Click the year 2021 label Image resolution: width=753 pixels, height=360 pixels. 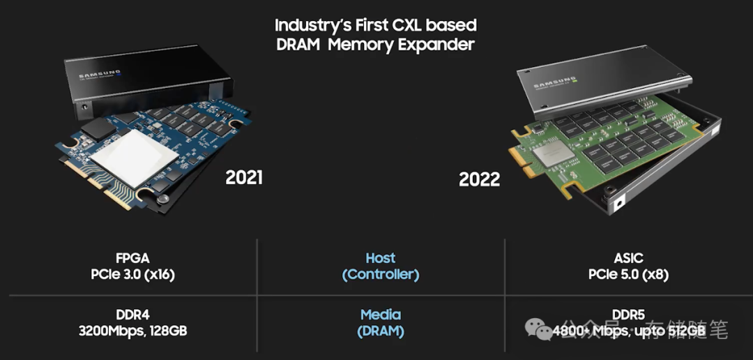244,177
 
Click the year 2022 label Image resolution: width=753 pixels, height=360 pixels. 479,179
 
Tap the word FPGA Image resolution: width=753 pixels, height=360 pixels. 132,258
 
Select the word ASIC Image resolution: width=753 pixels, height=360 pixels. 628,258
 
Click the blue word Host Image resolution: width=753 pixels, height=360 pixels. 380,258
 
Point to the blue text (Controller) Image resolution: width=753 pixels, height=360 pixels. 380,274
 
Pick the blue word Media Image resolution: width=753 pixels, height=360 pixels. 380,315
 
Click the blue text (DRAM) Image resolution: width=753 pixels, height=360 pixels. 380,331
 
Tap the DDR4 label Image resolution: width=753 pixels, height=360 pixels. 132,315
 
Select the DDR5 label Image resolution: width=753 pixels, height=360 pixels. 628,315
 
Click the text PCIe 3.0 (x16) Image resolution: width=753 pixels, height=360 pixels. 132,274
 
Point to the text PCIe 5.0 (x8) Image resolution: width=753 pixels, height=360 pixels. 628,274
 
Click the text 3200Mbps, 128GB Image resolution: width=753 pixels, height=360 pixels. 132,331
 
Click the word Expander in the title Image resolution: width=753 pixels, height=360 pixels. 439,45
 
